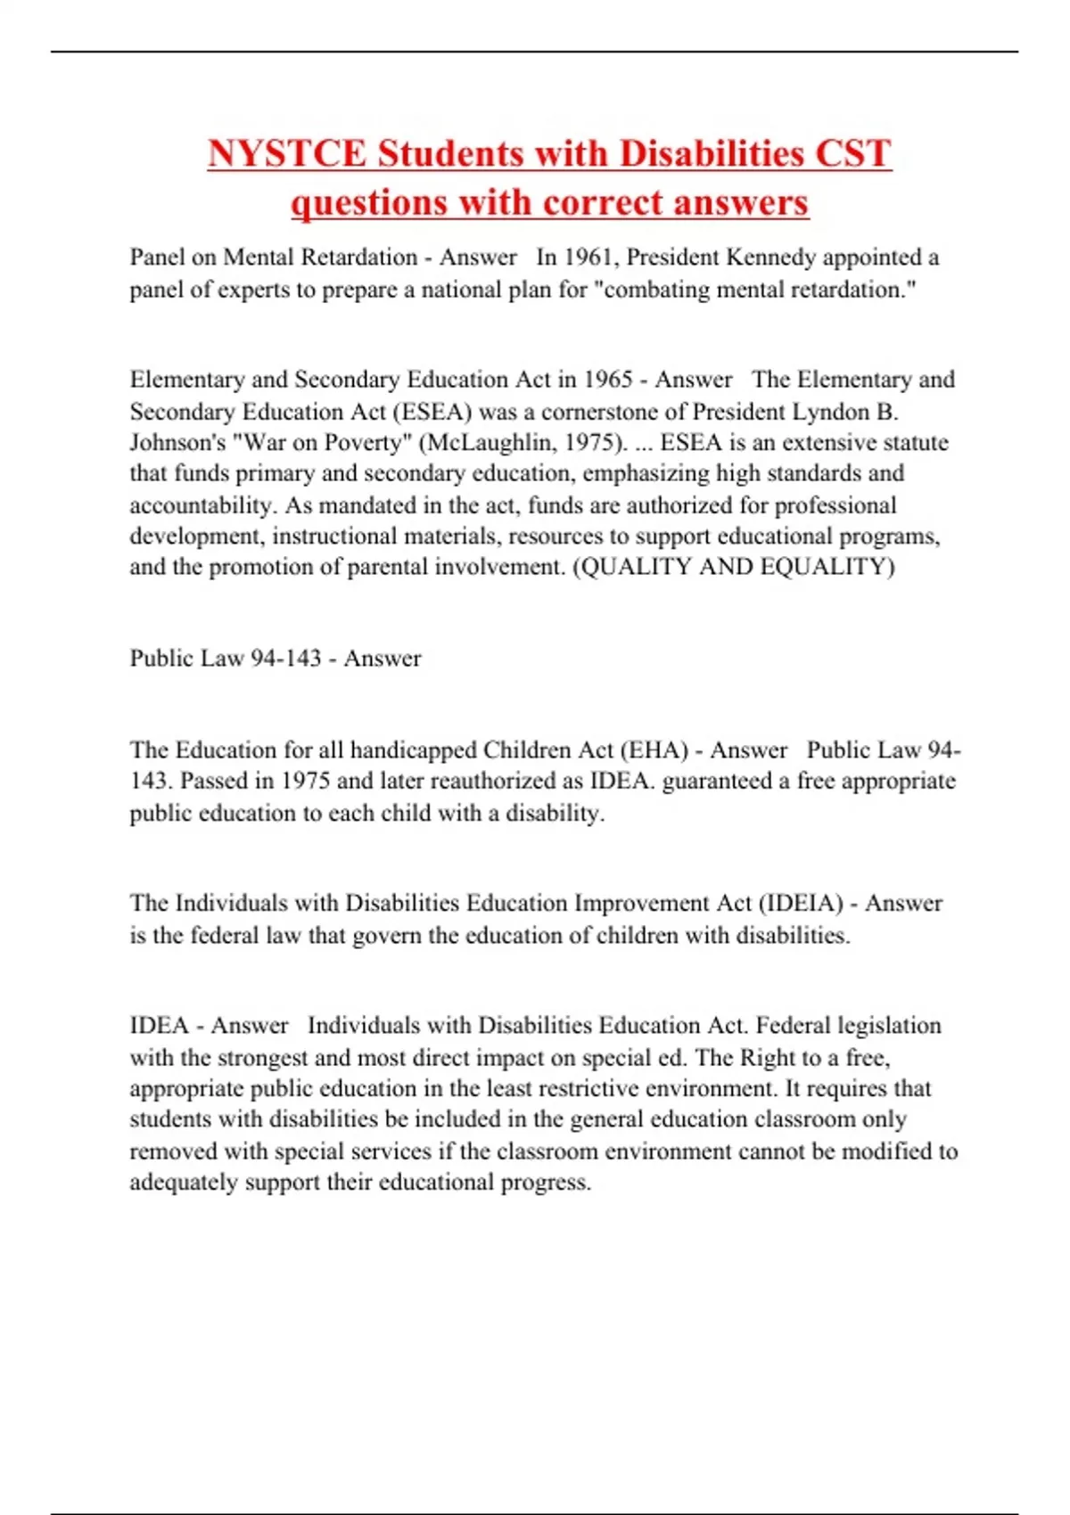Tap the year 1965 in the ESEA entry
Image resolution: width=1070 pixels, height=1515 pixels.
tap(607, 380)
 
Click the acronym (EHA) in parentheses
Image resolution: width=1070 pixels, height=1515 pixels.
tap(654, 750)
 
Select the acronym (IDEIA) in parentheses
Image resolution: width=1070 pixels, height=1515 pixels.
tap(801, 904)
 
